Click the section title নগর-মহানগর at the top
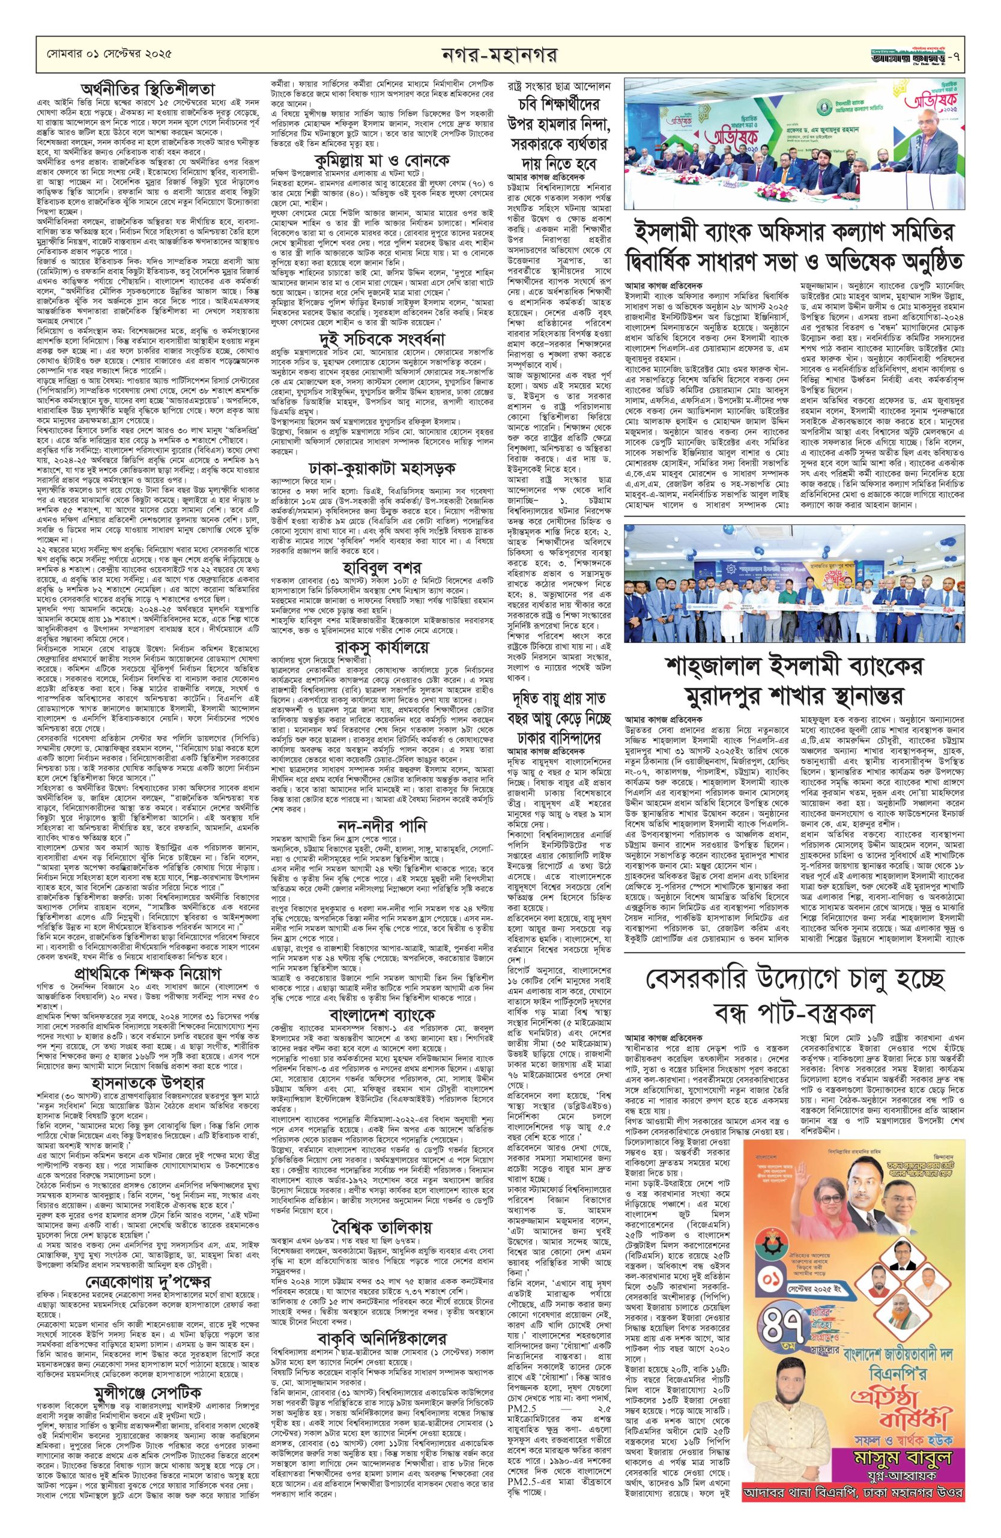tap(501, 52)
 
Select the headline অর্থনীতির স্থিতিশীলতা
tap(138, 88)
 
